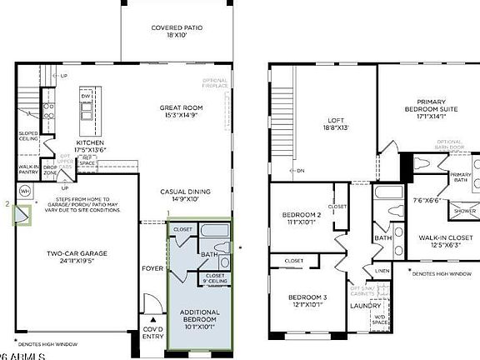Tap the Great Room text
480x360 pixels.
(x=182, y=112)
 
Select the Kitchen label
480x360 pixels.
(x=90, y=147)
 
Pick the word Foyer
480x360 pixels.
(x=152, y=268)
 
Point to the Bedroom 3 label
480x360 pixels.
(x=307, y=301)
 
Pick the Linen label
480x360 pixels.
(x=381, y=271)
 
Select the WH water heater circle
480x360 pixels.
(x=25, y=190)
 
